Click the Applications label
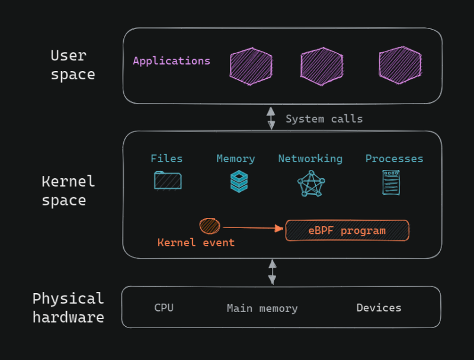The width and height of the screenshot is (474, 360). [x=171, y=61]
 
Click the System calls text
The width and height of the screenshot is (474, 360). [x=324, y=119]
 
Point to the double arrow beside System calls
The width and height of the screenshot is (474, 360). [x=271, y=118]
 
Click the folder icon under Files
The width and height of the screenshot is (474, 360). [x=168, y=180]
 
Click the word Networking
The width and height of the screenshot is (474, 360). [x=310, y=159]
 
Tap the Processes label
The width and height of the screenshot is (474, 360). [x=394, y=159]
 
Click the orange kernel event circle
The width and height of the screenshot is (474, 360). [x=210, y=226]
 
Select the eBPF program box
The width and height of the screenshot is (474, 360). [x=347, y=230]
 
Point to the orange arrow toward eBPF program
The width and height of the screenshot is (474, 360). [x=252, y=227]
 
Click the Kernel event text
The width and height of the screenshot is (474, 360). [x=196, y=243]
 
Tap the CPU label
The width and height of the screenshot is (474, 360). [x=164, y=308]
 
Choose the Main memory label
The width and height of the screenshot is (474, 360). [x=262, y=308]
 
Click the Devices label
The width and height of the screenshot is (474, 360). [x=379, y=308]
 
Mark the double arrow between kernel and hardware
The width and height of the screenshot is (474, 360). [x=273, y=272]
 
